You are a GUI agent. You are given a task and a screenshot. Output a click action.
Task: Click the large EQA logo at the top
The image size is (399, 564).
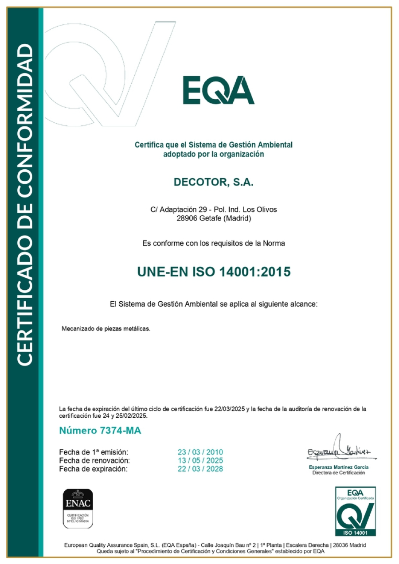[219, 90]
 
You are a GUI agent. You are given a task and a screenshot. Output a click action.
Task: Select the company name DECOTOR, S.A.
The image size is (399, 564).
[213, 183]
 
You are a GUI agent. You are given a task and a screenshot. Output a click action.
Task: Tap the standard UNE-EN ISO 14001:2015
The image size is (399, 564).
[214, 272]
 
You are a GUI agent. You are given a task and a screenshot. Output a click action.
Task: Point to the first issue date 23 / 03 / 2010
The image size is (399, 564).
[200, 452]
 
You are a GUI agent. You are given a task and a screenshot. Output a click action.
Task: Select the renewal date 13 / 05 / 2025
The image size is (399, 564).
[200, 461]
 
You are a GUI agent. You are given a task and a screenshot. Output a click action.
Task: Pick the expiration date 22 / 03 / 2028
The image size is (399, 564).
[200, 469]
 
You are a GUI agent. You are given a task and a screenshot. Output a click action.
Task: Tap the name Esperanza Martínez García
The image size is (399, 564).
[338, 467]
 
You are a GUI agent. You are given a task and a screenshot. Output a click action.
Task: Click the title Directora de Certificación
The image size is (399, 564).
[338, 473]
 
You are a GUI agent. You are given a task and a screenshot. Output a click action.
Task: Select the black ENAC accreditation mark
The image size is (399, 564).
[78, 508]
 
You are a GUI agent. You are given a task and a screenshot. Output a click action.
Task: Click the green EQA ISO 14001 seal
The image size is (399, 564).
[355, 511]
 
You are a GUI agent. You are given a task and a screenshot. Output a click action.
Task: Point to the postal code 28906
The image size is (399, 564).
[187, 218]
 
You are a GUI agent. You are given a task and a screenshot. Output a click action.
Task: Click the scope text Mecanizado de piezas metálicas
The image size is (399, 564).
[106, 329]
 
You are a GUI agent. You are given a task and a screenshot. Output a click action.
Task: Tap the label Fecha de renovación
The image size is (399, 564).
[94, 461]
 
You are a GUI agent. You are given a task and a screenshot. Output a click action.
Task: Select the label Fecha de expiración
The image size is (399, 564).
[93, 469]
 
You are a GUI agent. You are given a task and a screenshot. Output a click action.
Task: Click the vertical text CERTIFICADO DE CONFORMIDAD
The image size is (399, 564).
[25, 204]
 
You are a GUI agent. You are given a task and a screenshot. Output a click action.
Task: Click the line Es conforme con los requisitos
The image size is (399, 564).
[213, 243]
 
